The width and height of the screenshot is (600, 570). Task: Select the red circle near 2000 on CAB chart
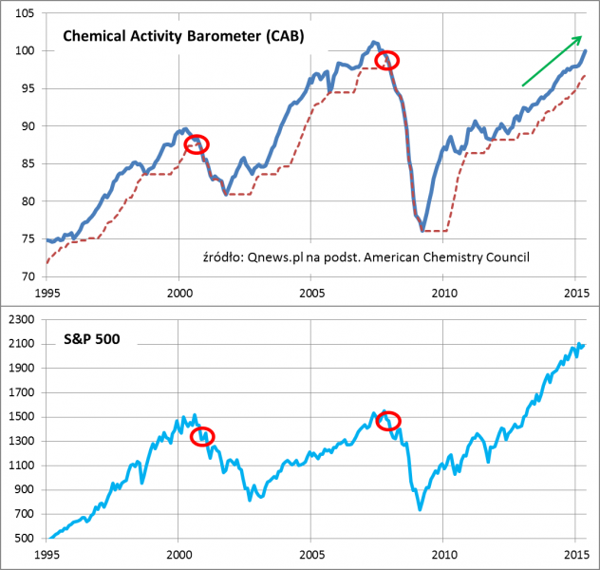[197, 144]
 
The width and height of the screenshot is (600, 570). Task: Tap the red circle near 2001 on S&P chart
[202, 436]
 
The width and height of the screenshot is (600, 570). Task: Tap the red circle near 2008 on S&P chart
[388, 420]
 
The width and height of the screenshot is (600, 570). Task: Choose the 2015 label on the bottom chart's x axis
[574, 554]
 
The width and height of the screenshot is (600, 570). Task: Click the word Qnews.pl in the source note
[274, 256]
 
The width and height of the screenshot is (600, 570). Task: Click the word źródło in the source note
[224, 256]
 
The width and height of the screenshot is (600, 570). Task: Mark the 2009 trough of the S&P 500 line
[421, 509]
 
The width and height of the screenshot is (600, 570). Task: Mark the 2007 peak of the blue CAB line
[375, 42]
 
